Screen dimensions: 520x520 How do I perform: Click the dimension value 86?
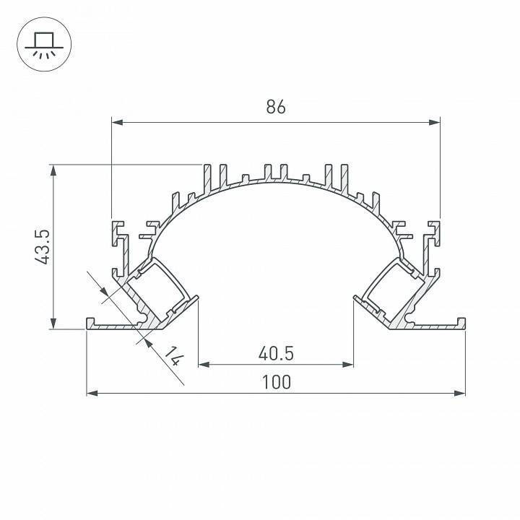click(x=275, y=107)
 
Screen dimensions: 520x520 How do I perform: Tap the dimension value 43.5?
click(x=41, y=246)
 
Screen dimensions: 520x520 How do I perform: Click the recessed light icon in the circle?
click(x=43, y=43)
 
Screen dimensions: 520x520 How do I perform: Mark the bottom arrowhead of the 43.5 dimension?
click(x=53, y=324)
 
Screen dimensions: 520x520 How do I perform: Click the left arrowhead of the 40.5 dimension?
click(x=204, y=365)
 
